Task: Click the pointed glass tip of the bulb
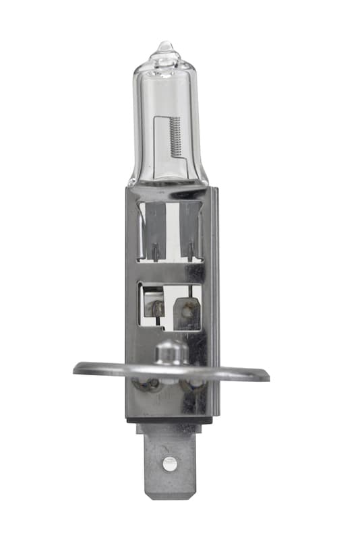(164, 46)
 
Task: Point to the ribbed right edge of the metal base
(215, 303)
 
